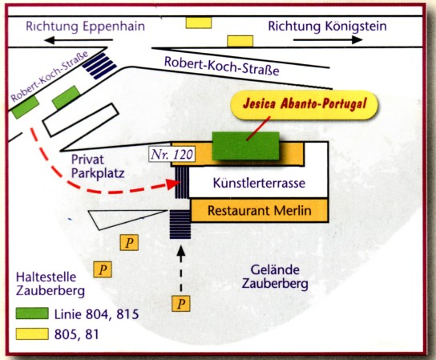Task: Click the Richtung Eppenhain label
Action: [86, 26]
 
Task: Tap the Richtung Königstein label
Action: [327, 26]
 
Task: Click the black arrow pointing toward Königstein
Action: [328, 40]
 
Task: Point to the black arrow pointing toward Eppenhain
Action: [79, 40]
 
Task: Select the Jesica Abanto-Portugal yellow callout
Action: [305, 104]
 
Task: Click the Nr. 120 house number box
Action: [172, 155]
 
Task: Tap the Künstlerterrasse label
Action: [259, 183]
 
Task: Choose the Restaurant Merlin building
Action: [259, 210]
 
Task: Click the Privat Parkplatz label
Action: [98, 166]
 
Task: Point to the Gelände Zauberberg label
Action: [275, 277]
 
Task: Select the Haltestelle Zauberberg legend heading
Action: [50, 284]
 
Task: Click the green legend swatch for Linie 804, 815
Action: [32, 313]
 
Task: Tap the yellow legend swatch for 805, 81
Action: [32, 334]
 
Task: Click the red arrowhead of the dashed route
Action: [173, 184]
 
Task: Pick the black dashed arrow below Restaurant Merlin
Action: [181, 268]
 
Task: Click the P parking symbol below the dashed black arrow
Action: [181, 304]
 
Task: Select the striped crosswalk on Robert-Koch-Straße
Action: [99, 66]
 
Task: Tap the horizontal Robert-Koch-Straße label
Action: [222, 67]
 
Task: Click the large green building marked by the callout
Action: [246, 146]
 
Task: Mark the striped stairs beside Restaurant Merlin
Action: [180, 224]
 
